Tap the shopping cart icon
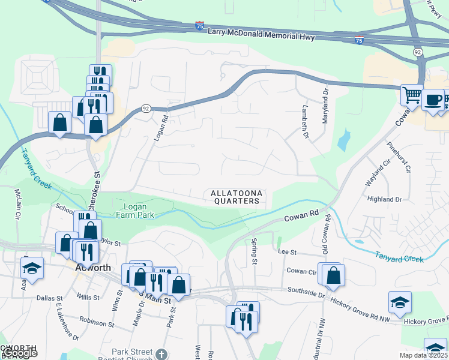(x=411, y=95)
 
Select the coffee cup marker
(x=433, y=100)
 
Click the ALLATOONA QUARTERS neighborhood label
(x=235, y=197)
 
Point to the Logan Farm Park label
(x=134, y=210)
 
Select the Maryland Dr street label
(x=326, y=106)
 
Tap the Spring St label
(x=254, y=253)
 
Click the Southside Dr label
(x=307, y=293)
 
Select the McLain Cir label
(x=17, y=204)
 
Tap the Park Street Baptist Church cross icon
(x=161, y=354)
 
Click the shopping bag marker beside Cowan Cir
(x=333, y=275)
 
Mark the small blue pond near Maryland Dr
(x=343, y=141)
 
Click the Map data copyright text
(x=421, y=355)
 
